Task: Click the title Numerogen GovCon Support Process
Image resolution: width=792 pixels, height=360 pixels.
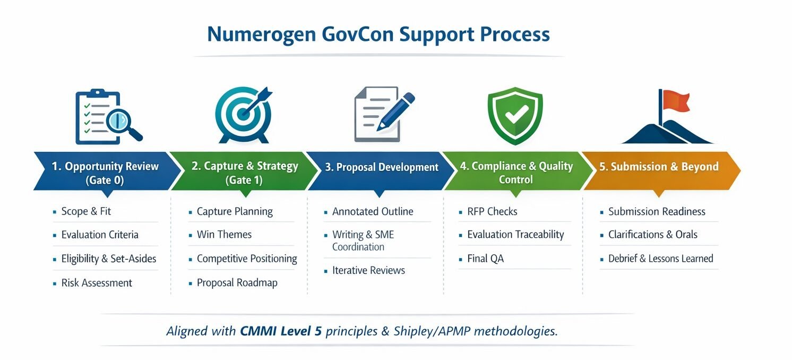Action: pos(378,34)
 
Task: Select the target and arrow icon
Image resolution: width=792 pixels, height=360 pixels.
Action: pos(244,113)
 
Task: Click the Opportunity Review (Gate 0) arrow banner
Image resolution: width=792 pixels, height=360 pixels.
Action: pos(105,173)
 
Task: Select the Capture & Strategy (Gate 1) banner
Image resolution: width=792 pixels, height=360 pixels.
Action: pos(244,173)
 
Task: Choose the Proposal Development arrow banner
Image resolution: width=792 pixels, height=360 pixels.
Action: pos(381,167)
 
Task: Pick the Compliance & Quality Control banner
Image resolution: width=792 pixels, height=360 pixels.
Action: pos(516,173)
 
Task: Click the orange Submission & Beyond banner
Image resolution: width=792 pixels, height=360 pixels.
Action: pos(658,167)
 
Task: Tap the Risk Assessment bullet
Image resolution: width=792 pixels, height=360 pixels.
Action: pos(96,283)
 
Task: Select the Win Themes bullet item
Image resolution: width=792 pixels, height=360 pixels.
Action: pos(224,235)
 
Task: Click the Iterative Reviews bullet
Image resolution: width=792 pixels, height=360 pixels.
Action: pos(368,270)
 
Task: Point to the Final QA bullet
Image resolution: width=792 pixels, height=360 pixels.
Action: pos(485,259)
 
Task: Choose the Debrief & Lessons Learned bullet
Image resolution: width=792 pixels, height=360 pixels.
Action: pos(660,259)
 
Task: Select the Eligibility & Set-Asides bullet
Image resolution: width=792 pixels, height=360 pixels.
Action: pos(108,259)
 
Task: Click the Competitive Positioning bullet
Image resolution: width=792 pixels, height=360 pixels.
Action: pos(246,259)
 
